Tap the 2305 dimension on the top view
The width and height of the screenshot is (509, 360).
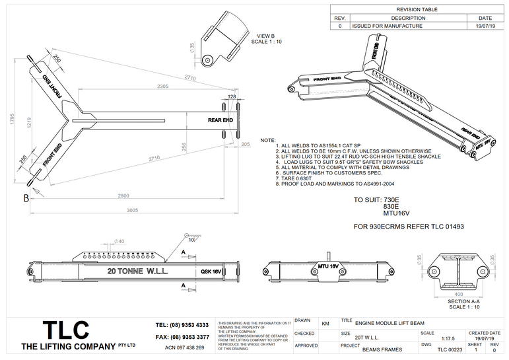[158, 87]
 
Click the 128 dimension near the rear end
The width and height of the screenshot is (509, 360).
[231, 96]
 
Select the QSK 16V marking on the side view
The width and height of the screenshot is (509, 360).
[210, 271]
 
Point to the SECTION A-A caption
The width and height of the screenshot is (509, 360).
[462, 301]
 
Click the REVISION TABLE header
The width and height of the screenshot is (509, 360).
[418, 10]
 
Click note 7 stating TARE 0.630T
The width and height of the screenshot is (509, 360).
[296, 178]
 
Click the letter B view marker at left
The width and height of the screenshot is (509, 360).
[26, 198]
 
